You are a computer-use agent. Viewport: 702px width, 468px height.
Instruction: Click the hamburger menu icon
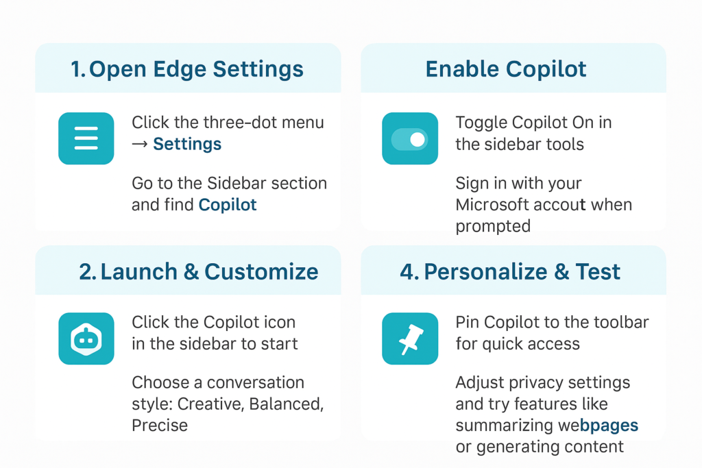(x=86, y=138)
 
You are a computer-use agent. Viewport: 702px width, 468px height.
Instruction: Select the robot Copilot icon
(x=86, y=338)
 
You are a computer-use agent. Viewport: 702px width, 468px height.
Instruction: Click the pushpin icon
(x=410, y=338)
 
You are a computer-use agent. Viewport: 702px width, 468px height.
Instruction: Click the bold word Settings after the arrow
(x=187, y=144)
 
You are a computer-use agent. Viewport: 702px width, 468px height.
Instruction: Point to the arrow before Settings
(x=140, y=144)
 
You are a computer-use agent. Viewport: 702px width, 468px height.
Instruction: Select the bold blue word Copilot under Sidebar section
(x=228, y=205)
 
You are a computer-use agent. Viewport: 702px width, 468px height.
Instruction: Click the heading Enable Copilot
(x=506, y=69)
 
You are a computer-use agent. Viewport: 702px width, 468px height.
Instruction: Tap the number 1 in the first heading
(x=77, y=69)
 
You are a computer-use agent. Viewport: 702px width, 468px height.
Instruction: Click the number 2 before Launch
(x=86, y=271)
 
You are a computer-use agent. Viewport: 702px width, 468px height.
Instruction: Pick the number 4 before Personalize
(x=407, y=271)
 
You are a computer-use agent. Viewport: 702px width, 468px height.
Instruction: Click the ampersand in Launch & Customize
(x=191, y=271)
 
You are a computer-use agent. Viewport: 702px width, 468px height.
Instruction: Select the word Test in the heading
(x=598, y=271)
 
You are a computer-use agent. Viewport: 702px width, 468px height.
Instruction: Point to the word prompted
(x=493, y=226)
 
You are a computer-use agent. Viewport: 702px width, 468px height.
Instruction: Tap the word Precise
(x=160, y=425)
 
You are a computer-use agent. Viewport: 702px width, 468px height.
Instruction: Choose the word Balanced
(x=287, y=404)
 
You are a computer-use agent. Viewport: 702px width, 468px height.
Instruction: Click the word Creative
(x=211, y=404)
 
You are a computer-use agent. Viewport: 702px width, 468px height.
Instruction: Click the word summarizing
(x=504, y=426)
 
